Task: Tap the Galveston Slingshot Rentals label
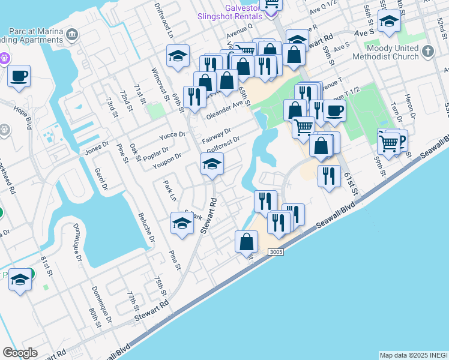230,12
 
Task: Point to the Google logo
20,353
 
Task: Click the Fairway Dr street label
220,131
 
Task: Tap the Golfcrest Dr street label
223,142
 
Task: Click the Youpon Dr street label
167,158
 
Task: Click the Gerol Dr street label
100,179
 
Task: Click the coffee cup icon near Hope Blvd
19,76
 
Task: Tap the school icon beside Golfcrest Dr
212,164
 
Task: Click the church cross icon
429,50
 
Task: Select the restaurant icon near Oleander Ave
194,96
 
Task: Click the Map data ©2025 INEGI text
413,355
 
